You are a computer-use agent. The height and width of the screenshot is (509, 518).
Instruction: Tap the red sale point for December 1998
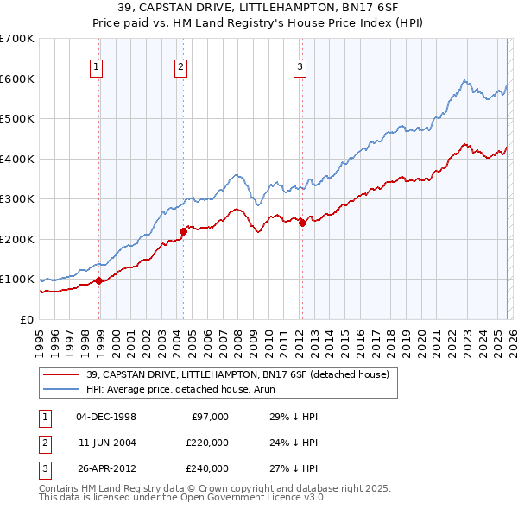pyautogui.click(x=99, y=280)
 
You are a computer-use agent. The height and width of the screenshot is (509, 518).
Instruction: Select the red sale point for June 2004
pyautogui.click(x=183, y=231)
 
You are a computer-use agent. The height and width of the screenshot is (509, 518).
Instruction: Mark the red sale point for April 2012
pyautogui.click(x=302, y=223)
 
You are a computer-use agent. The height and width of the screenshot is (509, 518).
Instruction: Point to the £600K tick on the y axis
pyautogui.click(x=17, y=79)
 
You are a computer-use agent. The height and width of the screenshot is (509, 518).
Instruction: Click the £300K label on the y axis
pyautogui.click(x=17, y=199)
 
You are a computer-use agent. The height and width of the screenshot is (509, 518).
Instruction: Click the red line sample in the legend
pyautogui.click(x=61, y=374)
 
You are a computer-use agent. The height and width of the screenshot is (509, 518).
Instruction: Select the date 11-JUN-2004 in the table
pyautogui.click(x=107, y=443)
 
